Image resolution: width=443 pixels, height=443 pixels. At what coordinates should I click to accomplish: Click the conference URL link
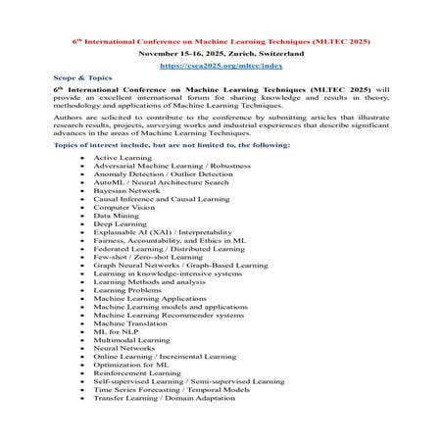tap(221, 66)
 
